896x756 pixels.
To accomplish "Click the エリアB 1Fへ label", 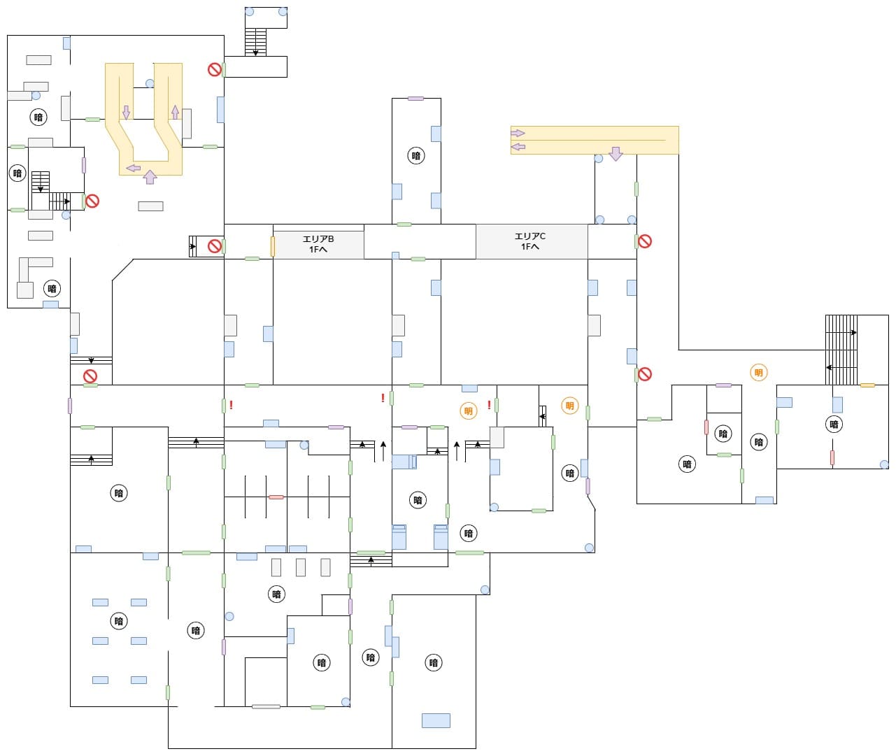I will [318, 244].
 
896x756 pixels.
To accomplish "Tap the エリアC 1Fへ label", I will [530, 241].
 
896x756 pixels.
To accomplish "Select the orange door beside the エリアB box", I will [273, 246].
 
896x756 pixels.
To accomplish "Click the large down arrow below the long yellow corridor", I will [616, 154].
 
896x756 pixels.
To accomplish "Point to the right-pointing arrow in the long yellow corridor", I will [518, 133].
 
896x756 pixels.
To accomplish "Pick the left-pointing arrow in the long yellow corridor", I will [518, 147].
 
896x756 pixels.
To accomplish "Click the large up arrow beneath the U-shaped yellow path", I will [150, 176].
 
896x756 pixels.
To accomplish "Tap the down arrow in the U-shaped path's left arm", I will [126, 112].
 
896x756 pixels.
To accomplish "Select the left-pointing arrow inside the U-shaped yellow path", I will [133, 168].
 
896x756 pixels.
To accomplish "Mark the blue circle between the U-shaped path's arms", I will [150, 84].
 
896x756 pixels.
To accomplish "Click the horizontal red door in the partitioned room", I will [276, 497].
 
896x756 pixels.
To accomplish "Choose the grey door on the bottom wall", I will [266, 706].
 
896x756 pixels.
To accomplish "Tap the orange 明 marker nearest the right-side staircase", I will [758, 373].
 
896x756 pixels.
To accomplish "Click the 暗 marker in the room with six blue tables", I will [119, 621].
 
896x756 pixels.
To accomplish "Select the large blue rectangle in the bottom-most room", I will [436, 720].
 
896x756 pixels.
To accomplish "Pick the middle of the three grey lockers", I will [301, 567].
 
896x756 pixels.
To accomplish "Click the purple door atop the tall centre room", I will [415, 99].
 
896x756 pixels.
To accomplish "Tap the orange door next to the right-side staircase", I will [867, 385].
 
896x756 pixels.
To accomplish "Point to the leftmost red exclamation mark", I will [231, 405].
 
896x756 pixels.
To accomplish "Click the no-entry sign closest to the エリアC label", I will [645, 241].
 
